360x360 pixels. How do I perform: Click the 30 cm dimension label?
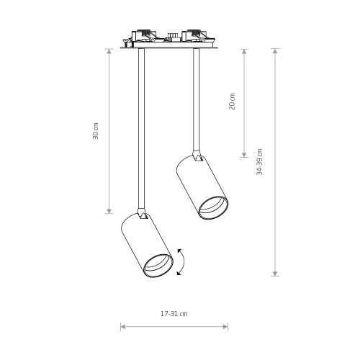[96, 131]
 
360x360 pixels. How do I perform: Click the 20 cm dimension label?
[232, 102]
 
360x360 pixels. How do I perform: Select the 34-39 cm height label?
[259, 162]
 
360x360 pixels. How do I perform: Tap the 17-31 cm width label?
[174, 314]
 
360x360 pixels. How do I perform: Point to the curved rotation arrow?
[183, 262]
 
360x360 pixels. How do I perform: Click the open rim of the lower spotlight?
[158, 266]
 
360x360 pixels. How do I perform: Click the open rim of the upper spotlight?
[213, 207]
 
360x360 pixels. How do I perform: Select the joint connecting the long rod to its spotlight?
[143, 214]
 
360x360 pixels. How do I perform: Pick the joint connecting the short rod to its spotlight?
[197, 156]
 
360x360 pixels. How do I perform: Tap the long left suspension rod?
[141, 128]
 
